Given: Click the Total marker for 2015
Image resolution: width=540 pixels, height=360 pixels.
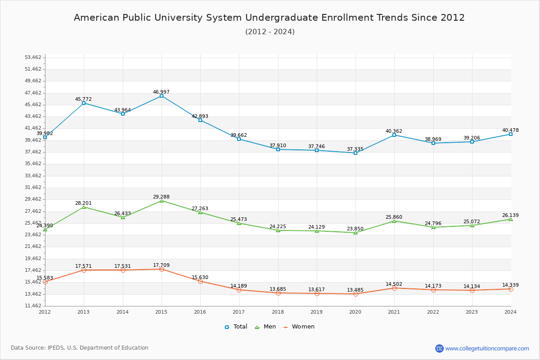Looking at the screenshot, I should [162, 96].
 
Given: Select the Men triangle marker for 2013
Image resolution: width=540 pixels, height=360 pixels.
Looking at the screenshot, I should [84, 207].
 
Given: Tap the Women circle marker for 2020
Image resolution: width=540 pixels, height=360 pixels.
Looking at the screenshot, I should [355, 294].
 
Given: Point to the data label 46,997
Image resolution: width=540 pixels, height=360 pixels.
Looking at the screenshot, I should [161, 92].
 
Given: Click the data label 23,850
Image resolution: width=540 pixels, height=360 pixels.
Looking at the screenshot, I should [355, 229].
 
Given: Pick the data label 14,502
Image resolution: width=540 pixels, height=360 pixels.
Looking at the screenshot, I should [394, 284].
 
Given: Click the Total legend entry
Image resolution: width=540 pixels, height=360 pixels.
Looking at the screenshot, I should [236, 327].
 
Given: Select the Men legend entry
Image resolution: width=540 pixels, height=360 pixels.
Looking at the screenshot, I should [266, 327].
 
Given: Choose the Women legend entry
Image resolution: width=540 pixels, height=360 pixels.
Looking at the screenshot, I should [298, 327].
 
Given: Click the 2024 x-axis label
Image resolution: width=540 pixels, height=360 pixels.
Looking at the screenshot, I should [510, 311].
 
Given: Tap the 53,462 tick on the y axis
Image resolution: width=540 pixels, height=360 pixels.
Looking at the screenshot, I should [33, 58].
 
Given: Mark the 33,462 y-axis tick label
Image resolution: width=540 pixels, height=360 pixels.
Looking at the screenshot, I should [33, 175].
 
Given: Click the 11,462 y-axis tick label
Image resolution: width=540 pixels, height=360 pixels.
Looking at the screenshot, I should [33, 306].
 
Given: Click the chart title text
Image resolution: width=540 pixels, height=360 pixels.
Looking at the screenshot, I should [269, 18].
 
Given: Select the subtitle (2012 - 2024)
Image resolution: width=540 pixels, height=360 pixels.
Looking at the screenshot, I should [270, 32].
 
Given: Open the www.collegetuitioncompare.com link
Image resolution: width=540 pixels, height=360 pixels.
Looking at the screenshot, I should [487, 348].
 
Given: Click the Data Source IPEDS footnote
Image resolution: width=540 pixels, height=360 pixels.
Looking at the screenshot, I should [80, 348].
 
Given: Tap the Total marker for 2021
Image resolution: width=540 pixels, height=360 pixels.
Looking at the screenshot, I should [394, 135].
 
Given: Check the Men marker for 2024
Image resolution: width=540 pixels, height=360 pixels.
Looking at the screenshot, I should [510, 219].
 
